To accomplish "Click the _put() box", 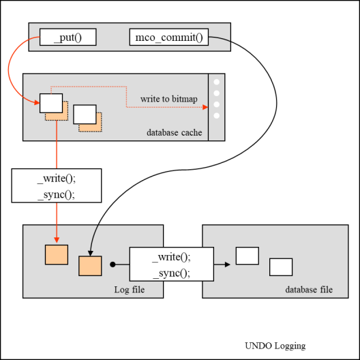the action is click(x=68, y=37).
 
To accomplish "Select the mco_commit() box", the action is click(x=169, y=37).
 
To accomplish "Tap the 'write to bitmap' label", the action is click(x=169, y=99).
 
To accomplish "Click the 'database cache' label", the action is click(x=175, y=132).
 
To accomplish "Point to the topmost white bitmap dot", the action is click(x=217, y=82).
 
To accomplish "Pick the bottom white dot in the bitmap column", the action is click(x=217, y=115).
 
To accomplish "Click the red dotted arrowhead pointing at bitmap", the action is click(x=205, y=107).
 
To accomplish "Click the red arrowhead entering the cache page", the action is click(x=37, y=102).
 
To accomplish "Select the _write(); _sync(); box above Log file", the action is click(x=57, y=185).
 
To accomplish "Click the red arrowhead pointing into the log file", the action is click(x=57, y=240).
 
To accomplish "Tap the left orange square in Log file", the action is click(x=57, y=254).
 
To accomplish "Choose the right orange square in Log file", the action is click(x=90, y=266).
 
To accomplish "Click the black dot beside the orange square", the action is click(x=112, y=265).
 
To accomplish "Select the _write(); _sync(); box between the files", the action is click(x=172, y=264).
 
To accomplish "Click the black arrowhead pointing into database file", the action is click(x=228, y=265).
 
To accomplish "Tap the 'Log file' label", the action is click(x=130, y=290).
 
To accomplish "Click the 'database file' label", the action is click(x=309, y=290).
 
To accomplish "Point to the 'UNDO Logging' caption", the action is click(x=275, y=346).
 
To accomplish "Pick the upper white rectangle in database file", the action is click(x=247, y=256).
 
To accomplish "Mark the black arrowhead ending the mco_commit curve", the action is click(x=91, y=253).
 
